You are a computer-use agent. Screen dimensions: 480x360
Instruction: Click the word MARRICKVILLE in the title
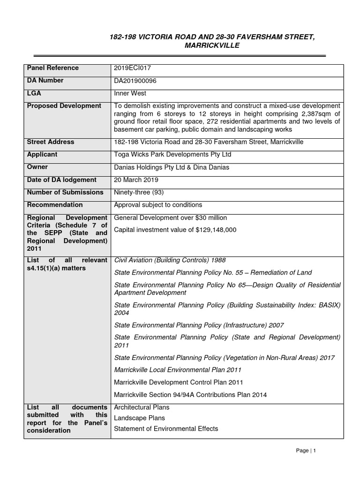212,45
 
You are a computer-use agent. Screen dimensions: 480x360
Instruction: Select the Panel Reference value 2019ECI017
133,68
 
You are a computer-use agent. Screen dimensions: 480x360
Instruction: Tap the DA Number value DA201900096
135,81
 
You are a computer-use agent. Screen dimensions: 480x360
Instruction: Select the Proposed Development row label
64,106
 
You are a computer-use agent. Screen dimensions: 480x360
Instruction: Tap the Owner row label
37,167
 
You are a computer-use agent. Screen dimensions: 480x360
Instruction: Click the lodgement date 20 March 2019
136,180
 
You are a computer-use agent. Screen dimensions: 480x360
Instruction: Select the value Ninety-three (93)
139,192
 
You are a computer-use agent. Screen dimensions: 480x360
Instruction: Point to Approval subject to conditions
158,205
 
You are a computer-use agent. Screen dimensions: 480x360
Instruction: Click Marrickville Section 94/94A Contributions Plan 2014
190,395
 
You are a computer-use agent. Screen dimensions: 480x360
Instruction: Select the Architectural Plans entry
142,407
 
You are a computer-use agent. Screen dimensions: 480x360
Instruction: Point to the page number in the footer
315,450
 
